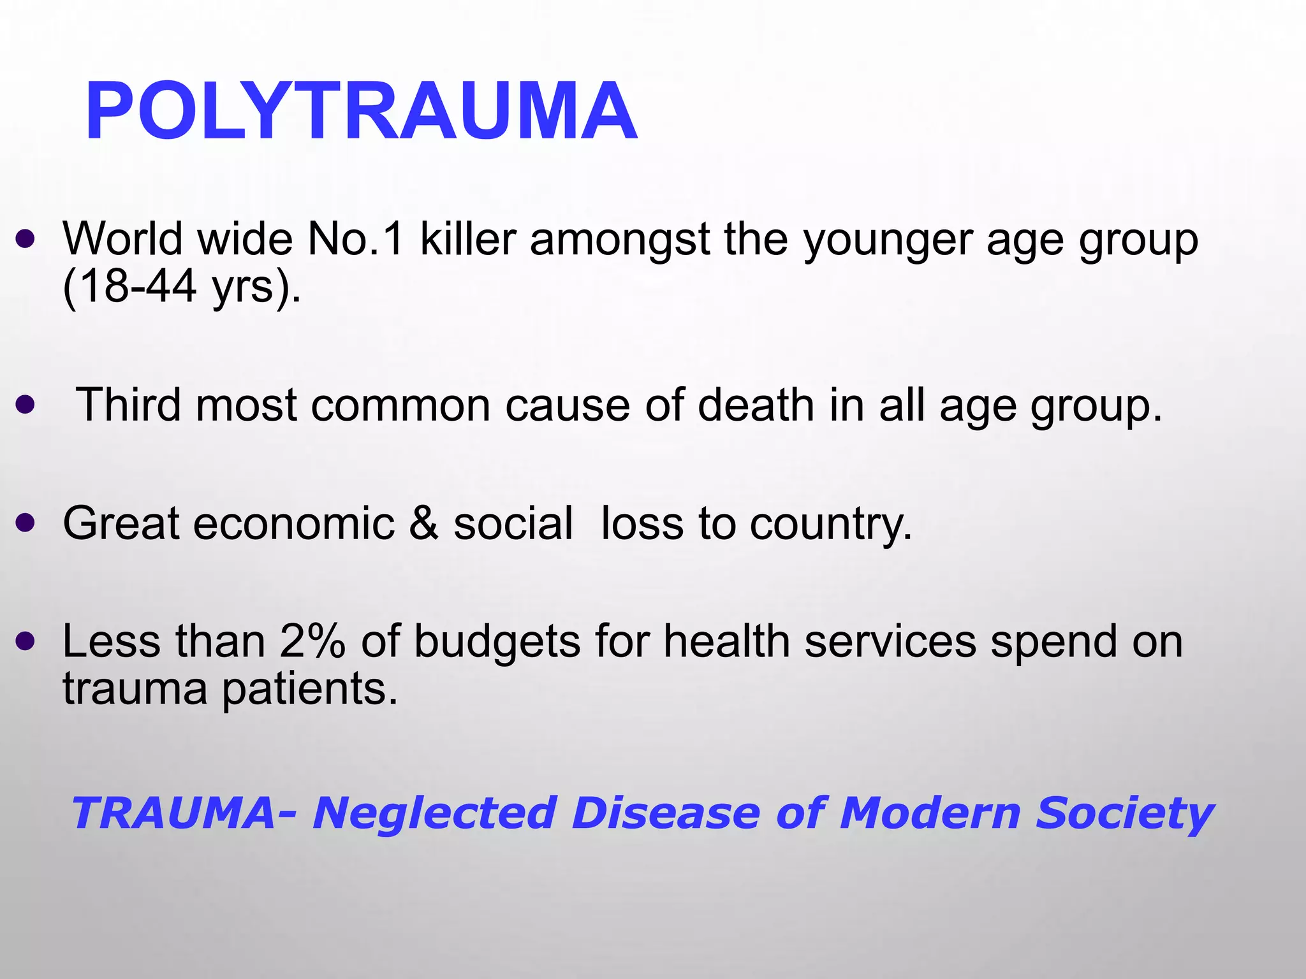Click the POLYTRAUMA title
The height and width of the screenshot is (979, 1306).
point(361,111)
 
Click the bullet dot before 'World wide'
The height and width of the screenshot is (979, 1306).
point(25,240)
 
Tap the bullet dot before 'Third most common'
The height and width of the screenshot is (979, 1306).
point(25,405)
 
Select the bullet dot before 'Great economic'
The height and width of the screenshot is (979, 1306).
point(25,523)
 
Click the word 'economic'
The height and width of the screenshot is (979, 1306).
point(293,523)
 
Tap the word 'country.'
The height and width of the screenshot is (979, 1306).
point(831,524)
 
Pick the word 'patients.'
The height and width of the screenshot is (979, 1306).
point(310,690)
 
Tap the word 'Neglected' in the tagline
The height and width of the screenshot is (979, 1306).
point(434,813)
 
